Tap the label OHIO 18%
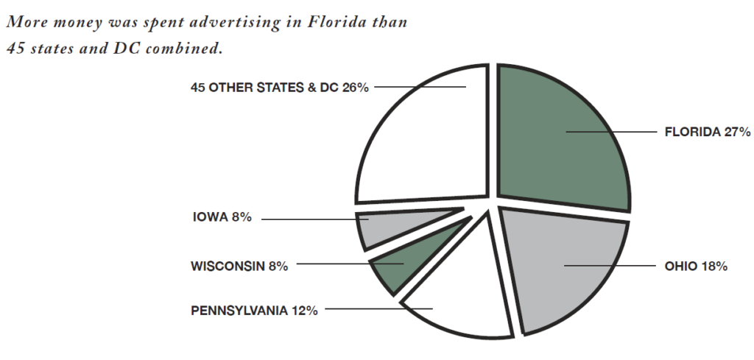[696, 266]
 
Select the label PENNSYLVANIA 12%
[254, 311]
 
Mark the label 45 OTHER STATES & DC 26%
[279, 87]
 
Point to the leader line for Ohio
[611, 265]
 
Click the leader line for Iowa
[309, 219]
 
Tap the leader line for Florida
[611, 133]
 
